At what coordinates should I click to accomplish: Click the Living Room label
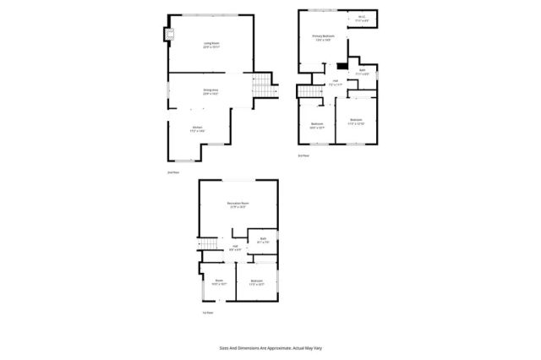(210, 45)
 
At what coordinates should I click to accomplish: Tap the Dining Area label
(210, 91)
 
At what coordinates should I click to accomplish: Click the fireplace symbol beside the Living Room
(168, 35)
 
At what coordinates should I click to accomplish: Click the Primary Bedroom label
(323, 37)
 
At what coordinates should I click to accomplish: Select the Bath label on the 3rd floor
(362, 72)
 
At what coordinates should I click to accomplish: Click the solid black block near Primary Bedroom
(342, 66)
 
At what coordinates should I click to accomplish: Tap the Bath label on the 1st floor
(263, 241)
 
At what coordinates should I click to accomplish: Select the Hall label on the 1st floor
(235, 248)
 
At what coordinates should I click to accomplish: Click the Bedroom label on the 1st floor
(256, 282)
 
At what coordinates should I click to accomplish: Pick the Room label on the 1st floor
(219, 282)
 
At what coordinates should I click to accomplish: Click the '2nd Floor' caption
(173, 172)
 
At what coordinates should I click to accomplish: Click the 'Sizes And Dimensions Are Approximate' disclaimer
(270, 347)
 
